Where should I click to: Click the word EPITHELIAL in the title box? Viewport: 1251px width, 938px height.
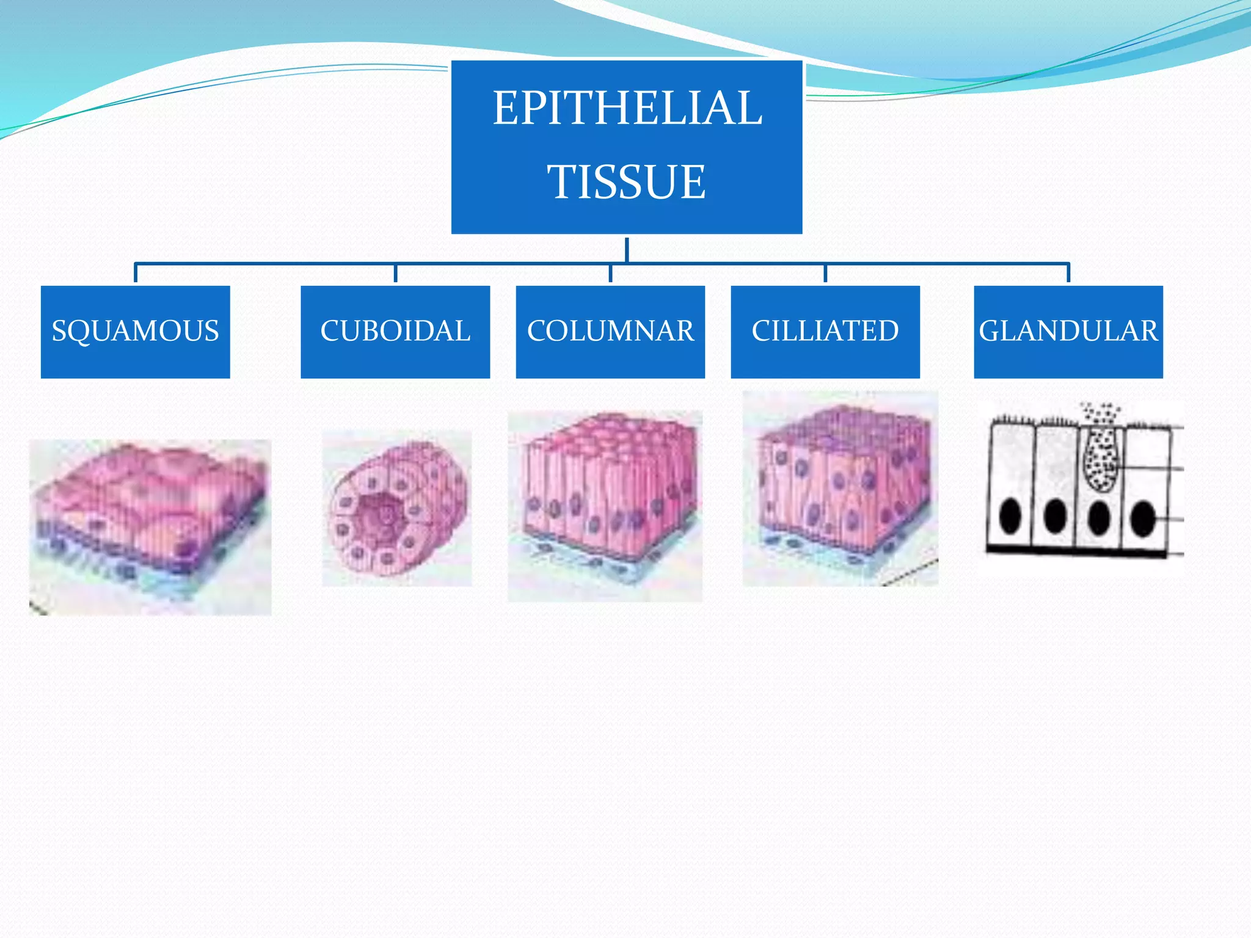click(x=627, y=108)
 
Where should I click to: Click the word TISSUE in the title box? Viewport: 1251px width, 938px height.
click(x=627, y=182)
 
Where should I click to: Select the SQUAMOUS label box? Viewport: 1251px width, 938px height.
click(x=135, y=332)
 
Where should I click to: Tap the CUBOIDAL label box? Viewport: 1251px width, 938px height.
click(x=395, y=332)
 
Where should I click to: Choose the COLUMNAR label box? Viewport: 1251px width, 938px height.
click(x=610, y=332)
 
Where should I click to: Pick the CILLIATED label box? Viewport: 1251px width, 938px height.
click(x=825, y=332)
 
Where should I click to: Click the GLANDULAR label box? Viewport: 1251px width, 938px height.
click(x=1068, y=332)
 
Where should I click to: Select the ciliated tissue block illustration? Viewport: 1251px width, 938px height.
click(x=840, y=489)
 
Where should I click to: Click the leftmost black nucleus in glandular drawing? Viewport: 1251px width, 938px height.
click(x=1010, y=516)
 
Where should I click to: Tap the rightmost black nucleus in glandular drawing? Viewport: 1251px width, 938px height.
click(x=1142, y=518)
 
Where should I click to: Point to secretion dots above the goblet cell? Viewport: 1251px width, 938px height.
click(x=1100, y=413)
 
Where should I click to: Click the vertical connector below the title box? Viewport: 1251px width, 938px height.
click(x=627, y=250)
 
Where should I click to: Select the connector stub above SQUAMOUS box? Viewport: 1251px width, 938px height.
click(x=135, y=273)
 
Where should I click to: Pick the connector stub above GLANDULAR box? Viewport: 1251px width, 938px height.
click(x=1068, y=273)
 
